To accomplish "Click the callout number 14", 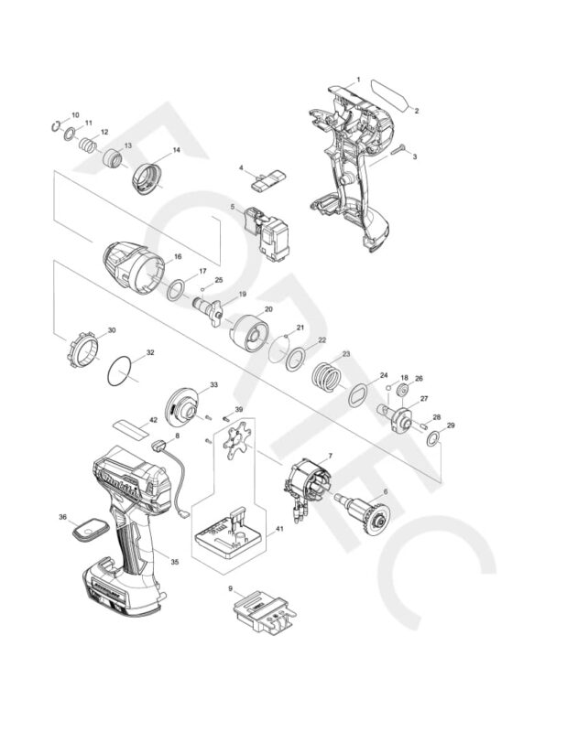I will pyautogui.click(x=176, y=150).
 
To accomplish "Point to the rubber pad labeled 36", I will pyautogui.click(x=90, y=529).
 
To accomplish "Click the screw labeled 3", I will pyautogui.click(x=397, y=153).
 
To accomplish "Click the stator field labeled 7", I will pyautogui.click(x=307, y=483).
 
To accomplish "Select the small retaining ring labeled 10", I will pyautogui.click(x=57, y=125).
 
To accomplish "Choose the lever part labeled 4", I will pyautogui.click(x=265, y=178).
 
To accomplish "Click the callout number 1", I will pyautogui.click(x=358, y=80).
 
